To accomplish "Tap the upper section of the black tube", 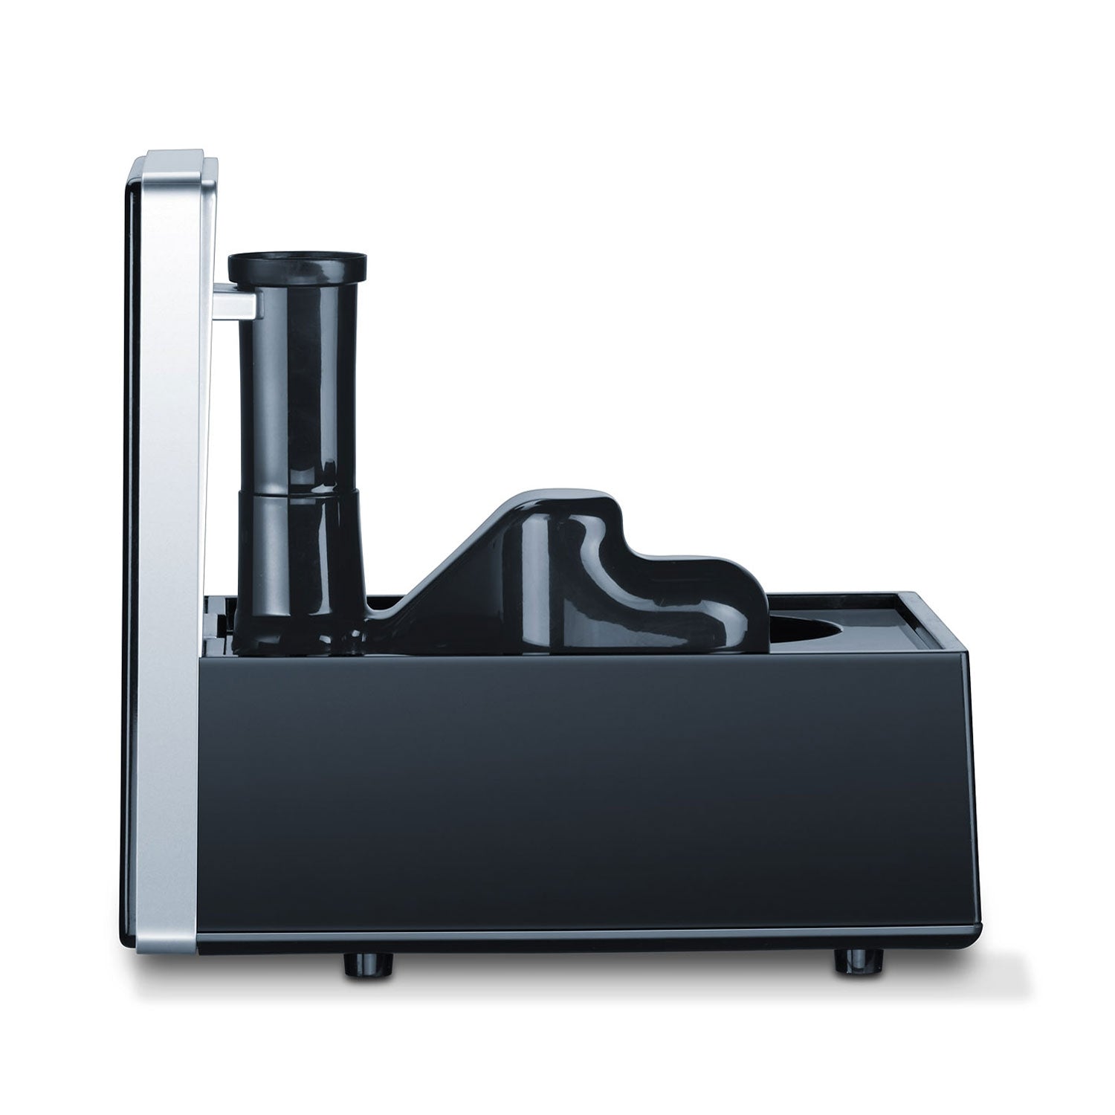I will pos(297,387).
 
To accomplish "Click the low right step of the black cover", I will pos(714,587).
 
